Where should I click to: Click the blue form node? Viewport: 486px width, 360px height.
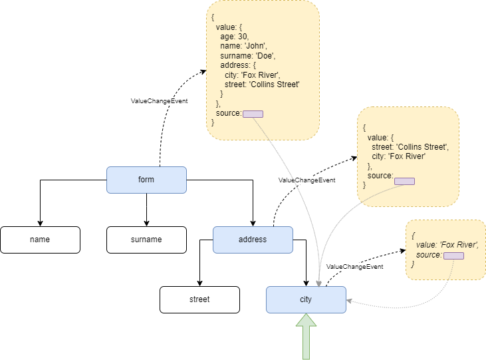(x=146, y=180)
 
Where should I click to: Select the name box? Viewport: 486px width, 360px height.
(x=40, y=240)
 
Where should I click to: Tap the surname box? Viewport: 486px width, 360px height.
(x=146, y=240)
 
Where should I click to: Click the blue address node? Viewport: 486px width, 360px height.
(x=253, y=240)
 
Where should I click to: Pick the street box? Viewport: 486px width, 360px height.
(x=199, y=299)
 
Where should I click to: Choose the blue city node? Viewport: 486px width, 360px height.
(x=306, y=299)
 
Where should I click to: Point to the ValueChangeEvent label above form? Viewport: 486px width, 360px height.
(x=160, y=101)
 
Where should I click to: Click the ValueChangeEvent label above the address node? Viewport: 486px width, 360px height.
(x=306, y=180)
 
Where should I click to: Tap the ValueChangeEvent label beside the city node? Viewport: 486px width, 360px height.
(x=355, y=266)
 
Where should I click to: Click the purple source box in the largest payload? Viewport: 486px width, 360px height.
(x=253, y=114)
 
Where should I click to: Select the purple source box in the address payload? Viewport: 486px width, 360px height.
(x=404, y=181)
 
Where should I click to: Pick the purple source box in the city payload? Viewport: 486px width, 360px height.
(x=453, y=256)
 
